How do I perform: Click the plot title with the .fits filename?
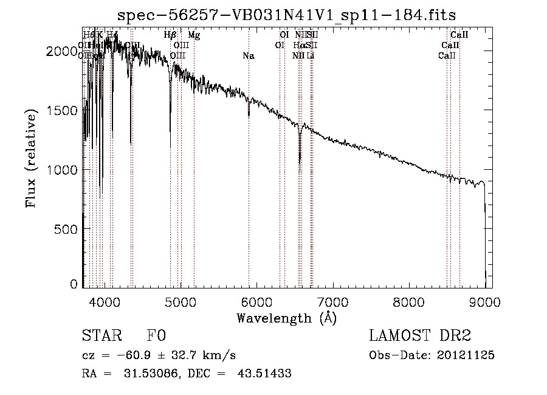287,14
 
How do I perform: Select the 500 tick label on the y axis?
67,229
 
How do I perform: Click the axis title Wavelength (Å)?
286,318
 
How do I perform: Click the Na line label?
248,56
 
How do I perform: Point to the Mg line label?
194,35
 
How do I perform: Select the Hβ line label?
170,35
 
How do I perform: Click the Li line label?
310,56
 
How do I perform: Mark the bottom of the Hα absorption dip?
300,162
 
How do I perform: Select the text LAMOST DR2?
420,336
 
